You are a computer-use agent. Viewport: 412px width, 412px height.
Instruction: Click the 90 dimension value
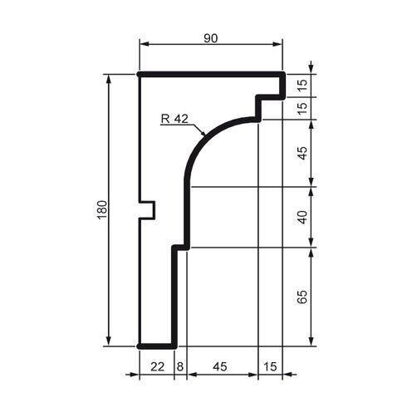click(210, 38)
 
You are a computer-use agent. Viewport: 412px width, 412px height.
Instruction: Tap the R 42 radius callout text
click(174, 118)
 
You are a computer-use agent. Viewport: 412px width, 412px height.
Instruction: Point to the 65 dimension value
click(302, 297)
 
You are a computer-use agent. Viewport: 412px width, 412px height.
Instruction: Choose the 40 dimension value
click(302, 217)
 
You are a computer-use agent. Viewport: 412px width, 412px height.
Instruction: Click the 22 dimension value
click(156, 364)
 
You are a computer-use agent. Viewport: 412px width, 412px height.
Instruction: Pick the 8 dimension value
click(180, 364)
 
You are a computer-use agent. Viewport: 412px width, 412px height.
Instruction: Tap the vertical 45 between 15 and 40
click(302, 153)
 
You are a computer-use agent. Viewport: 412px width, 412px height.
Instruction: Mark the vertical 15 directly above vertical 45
click(302, 106)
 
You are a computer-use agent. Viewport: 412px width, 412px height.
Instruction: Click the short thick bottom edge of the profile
click(156, 345)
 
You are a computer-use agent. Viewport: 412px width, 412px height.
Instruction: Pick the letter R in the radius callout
click(165, 118)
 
